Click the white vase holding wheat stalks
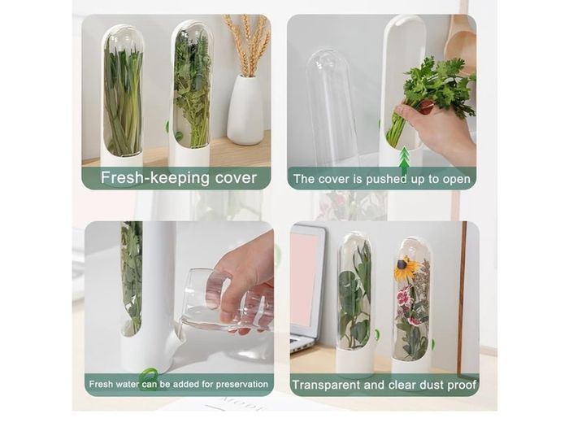pyautogui.click(x=245, y=109)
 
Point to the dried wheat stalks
pyautogui.click(x=247, y=46)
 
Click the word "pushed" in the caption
pyautogui.click(x=386, y=179)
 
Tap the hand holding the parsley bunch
pyautogui.click(x=436, y=127)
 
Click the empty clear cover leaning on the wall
pyautogui.click(x=328, y=109)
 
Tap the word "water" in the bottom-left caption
pyautogui.click(x=128, y=384)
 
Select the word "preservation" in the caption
pyautogui.click(x=242, y=384)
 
